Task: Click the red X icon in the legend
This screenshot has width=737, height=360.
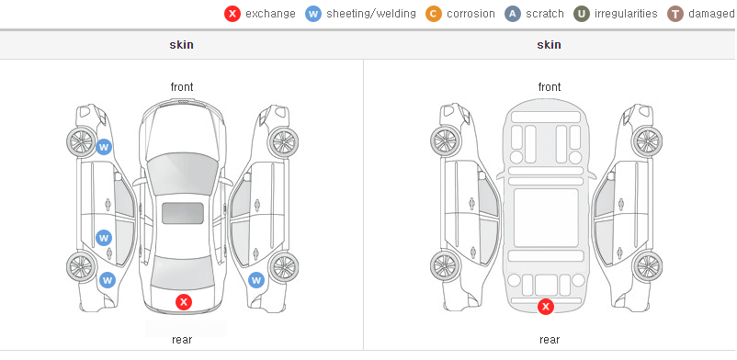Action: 232,14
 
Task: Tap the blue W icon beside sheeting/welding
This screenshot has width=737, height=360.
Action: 313,14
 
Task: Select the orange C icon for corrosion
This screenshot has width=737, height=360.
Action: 434,14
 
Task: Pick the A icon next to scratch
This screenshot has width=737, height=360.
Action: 513,14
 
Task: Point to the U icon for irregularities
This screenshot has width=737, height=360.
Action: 582,14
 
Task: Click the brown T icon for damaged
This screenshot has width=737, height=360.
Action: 675,14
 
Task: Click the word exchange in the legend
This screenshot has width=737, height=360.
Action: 270,14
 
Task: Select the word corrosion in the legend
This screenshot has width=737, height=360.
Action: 471,14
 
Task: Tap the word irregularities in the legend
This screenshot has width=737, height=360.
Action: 626,14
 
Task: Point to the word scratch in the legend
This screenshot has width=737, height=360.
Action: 545,14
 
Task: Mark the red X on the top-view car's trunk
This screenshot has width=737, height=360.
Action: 184,302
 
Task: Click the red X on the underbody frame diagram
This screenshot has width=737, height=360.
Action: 546,307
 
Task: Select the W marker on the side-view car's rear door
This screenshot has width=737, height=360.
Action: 104,238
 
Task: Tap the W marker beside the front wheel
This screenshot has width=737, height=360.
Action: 104,147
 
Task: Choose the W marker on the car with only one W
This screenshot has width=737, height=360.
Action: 256,281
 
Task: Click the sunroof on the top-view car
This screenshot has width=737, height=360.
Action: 183,213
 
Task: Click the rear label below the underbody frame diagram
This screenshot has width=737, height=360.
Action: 550,339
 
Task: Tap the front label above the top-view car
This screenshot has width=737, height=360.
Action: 182,87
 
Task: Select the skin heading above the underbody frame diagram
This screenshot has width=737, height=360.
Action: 549,45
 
